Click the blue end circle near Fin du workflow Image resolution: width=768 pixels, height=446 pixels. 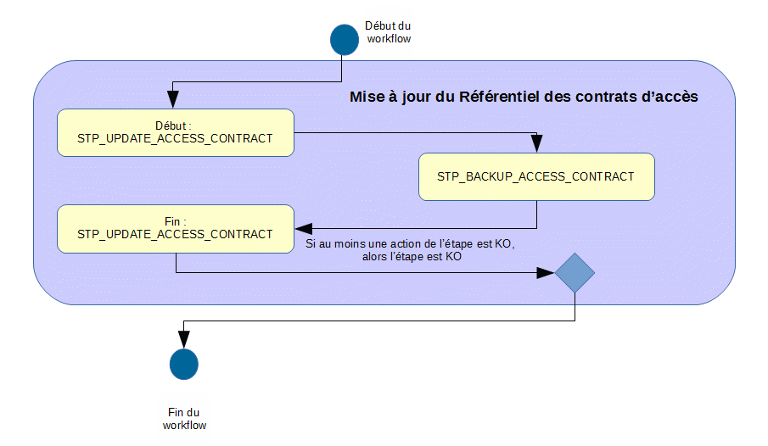pos(183,364)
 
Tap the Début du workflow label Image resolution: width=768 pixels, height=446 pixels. pos(388,33)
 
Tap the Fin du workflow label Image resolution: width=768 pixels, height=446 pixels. pos(184,419)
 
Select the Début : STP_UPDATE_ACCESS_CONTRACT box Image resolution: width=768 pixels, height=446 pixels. pos(176,132)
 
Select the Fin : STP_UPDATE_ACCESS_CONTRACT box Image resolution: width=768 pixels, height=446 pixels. pos(176,228)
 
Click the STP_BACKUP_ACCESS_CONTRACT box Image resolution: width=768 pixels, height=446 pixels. pos(536,176)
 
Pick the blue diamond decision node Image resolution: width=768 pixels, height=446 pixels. pos(575,273)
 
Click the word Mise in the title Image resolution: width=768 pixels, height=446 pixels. pos(366,97)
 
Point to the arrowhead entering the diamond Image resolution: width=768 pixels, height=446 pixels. pos(547,273)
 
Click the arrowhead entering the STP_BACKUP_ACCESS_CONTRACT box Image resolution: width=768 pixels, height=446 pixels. pos(536,147)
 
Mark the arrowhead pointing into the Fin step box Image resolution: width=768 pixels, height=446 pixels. pos(303,229)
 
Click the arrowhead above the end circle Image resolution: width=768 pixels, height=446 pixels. pos(183,341)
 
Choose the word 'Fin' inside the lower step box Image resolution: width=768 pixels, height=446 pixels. pos(173,221)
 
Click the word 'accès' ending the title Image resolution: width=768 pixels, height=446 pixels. pos(676,97)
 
